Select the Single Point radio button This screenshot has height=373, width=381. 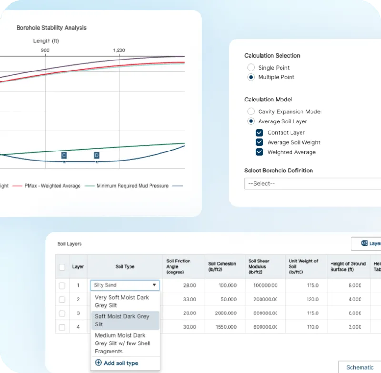tap(251, 68)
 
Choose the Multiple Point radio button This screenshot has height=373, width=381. tap(251, 77)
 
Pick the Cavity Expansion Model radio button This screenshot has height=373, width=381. tap(251, 111)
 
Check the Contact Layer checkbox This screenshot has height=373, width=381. tap(260, 133)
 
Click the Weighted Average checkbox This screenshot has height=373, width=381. tap(260, 152)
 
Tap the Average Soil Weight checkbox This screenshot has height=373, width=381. tap(260, 142)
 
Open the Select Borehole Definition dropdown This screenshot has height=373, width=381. tap(312, 183)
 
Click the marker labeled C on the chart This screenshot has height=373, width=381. tap(64, 156)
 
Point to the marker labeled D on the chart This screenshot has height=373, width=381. tap(97, 156)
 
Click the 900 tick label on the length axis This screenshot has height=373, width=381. tap(45, 50)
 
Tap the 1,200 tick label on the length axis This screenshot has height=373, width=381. tap(119, 50)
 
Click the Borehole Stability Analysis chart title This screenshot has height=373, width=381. tap(51, 28)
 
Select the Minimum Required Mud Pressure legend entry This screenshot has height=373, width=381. tap(132, 186)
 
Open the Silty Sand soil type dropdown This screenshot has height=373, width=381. tap(125, 285)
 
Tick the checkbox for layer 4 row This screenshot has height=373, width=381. tap(62, 327)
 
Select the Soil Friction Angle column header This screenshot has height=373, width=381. tap(179, 267)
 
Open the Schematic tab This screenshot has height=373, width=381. tap(360, 367)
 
